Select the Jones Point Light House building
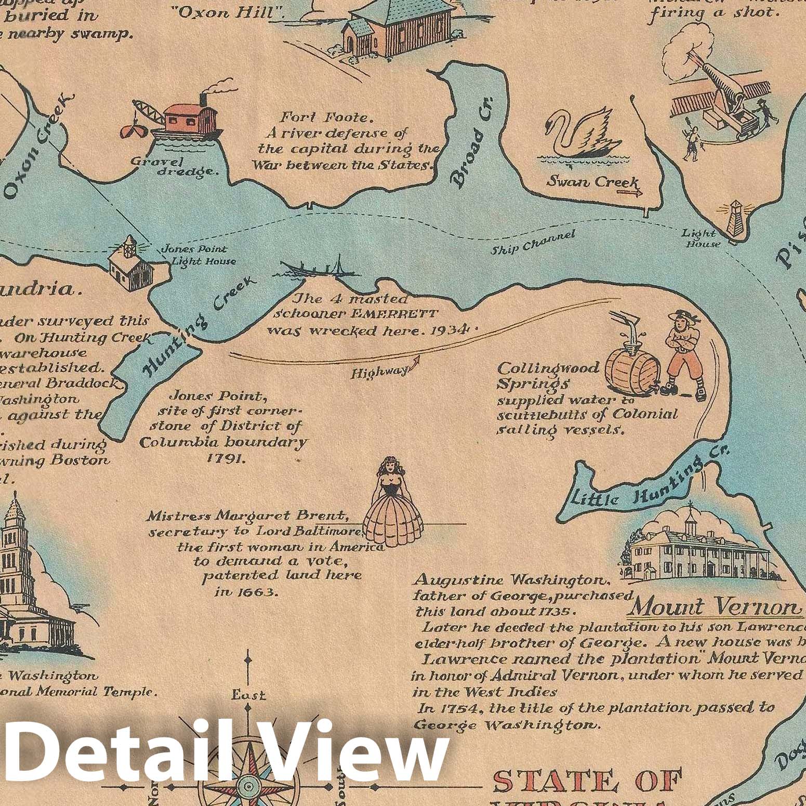coord(131,262)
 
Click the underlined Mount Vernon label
coord(716,606)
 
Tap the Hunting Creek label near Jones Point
coord(200,325)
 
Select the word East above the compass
coord(249,694)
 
